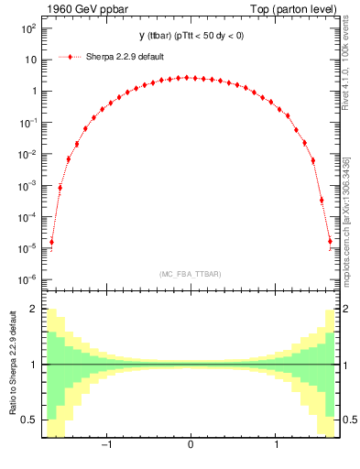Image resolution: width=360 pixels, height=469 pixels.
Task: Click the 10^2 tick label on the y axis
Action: pyautogui.click(x=27, y=28)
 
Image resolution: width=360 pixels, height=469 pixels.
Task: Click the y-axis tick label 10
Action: pyautogui.click(x=29, y=60)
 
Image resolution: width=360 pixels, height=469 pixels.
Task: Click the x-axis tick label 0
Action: pyautogui.click(x=190, y=445)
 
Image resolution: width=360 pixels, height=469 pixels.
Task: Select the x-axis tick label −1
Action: pyautogui.click(x=105, y=445)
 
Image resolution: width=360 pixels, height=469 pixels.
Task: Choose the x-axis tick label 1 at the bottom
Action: pyautogui.click(x=276, y=445)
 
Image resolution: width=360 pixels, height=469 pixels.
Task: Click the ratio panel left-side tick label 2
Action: pyautogui.click(x=33, y=310)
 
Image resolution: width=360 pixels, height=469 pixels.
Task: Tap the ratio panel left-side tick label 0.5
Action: pyautogui.click(x=29, y=420)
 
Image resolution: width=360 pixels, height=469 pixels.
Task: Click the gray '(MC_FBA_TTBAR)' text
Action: pyautogui.click(x=190, y=274)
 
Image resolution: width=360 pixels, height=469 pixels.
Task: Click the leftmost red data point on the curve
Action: pyautogui.click(x=51, y=243)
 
